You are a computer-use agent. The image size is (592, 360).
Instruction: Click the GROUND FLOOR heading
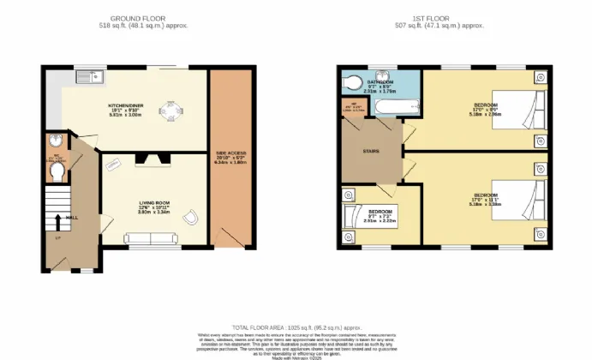(144, 17)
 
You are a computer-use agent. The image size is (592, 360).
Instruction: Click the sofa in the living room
(149, 239)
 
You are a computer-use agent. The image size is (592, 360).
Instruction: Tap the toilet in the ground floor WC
(57, 173)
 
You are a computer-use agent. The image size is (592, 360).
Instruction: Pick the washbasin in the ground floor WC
(56, 142)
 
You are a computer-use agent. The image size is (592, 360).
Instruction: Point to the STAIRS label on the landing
(371, 152)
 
